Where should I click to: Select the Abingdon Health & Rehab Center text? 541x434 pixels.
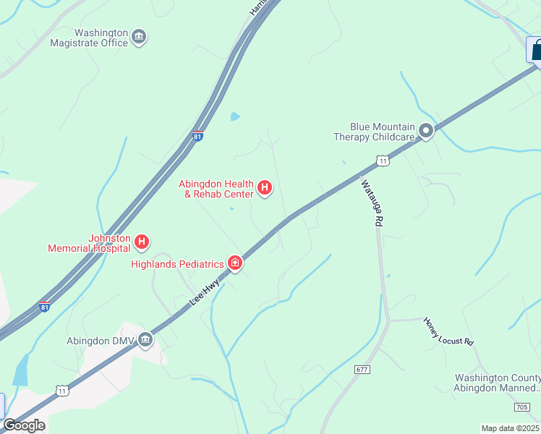point(216,189)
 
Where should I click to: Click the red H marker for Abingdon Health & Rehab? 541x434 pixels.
point(265,188)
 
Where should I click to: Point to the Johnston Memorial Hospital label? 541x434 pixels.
point(90,243)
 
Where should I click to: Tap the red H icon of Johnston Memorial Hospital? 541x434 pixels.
point(142,241)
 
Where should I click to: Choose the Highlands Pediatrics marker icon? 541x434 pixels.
point(234,263)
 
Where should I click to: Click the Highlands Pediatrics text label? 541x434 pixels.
point(177,264)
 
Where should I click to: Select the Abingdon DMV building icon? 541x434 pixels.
point(145,339)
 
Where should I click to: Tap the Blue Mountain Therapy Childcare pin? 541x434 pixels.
point(426,131)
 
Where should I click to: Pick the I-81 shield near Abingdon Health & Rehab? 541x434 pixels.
point(197,135)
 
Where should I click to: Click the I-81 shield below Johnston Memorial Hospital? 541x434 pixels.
point(45,307)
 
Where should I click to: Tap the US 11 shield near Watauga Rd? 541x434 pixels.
point(383,161)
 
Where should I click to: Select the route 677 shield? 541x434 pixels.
point(362,370)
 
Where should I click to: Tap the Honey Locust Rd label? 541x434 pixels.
point(448,331)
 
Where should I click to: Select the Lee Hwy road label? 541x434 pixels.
point(205,292)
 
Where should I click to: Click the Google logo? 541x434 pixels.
point(25,425)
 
